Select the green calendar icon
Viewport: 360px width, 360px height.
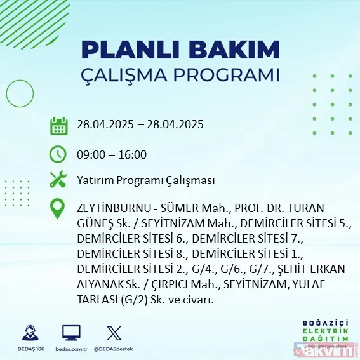pyautogui.click(x=59, y=125)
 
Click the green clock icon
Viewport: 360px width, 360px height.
pyautogui.click(x=59, y=154)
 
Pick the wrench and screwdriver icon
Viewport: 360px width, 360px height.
pyautogui.click(x=59, y=180)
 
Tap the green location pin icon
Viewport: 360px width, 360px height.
pyautogui.click(x=59, y=209)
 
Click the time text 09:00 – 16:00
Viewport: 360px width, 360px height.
pyautogui.click(x=111, y=154)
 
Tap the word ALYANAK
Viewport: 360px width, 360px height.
pyautogui.click(x=98, y=284)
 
